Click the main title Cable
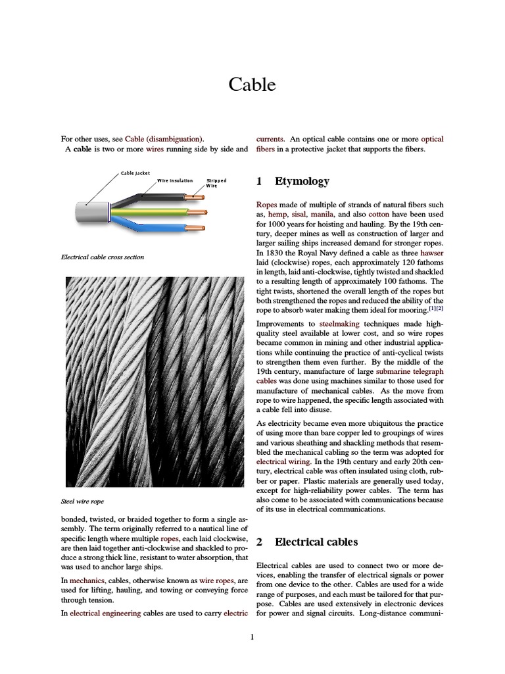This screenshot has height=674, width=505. (252, 85)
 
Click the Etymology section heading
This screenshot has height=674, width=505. (302, 181)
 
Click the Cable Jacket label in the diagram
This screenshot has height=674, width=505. (135, 173)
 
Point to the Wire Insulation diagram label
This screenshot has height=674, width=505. (175, 180)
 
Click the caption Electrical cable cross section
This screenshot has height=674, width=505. (102, 257)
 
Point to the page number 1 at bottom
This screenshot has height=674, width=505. (252, 636)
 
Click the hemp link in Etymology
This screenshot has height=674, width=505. (277, 214)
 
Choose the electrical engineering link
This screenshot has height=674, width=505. (105, 613)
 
